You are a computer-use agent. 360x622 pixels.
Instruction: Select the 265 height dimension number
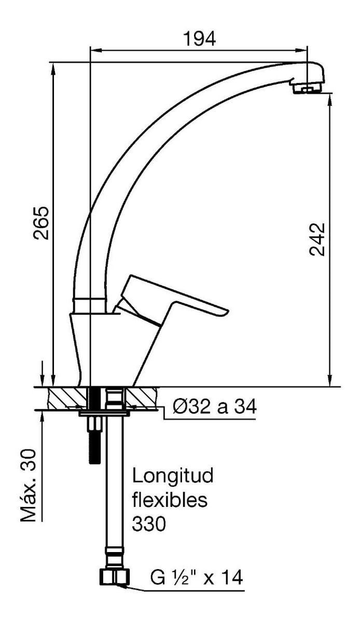click(x=41, y=222)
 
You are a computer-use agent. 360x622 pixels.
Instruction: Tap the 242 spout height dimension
click(x=316, y=239)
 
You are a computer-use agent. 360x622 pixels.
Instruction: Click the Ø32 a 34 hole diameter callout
click(x=214, y=407)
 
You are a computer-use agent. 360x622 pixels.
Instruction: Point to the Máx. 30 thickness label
click(x=28, y=486)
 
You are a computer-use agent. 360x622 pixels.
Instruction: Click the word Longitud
click(x=173, y=475)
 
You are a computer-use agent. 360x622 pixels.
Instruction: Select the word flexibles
click(x=170, y=500)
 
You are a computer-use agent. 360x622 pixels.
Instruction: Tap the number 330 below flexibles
click(x=149, y=525)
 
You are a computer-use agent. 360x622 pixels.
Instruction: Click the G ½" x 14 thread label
click(x=196, y=577)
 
